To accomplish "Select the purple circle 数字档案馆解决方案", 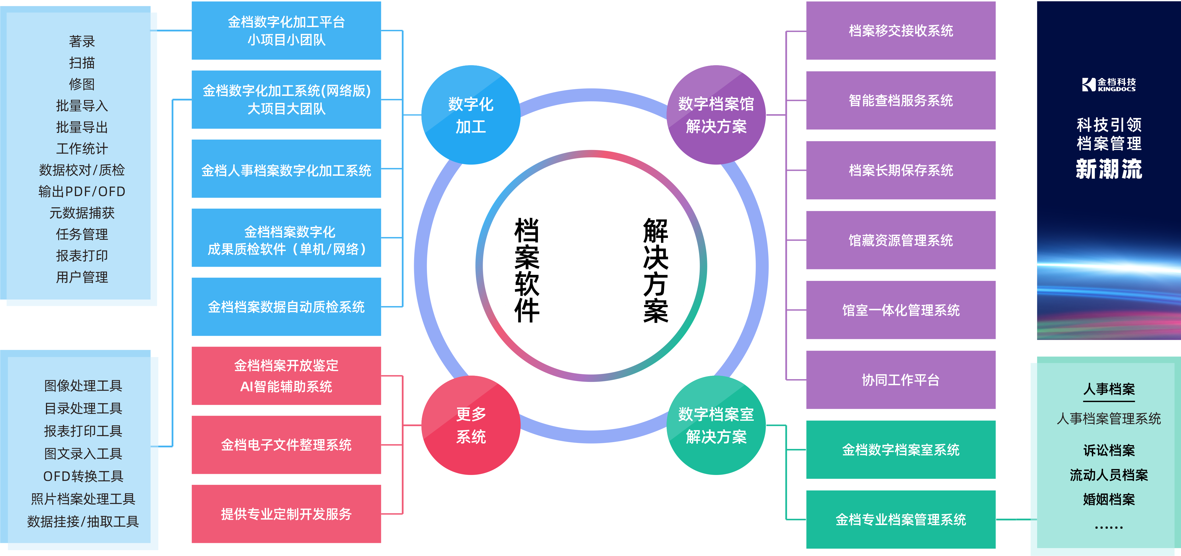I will [716, 115].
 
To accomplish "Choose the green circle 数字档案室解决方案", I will [716, 425].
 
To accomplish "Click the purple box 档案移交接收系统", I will [900, 31].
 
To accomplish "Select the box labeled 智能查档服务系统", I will [900, 100].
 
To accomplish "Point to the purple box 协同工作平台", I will [900, 380].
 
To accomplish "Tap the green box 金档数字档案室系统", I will [900, 450].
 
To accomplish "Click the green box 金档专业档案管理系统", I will [900, 519].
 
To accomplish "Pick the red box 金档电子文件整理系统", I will [286, 445].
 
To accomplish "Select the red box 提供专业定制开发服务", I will [286, 514].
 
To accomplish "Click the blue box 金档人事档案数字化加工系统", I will [286, 170].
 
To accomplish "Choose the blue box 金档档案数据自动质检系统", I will [286, 306].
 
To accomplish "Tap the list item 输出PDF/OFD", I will [82, 191].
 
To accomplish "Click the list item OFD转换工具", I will [83, 476].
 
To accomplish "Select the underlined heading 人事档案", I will [1109, 389].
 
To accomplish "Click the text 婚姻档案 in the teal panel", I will [1109, 499].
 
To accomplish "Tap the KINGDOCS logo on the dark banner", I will [1109, 84].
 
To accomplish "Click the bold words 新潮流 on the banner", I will [1109, 169].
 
